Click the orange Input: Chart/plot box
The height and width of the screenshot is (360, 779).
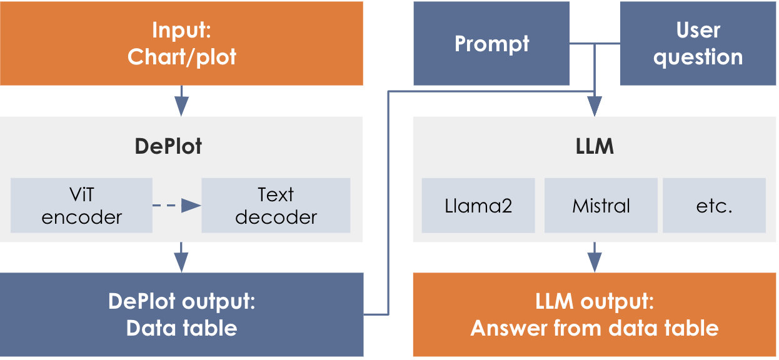[x=181, y=43]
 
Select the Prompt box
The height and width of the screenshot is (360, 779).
[x=491, y=43]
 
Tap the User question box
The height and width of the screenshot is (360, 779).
[x=698, y=43]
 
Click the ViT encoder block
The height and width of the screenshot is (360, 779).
[x=81, y=206]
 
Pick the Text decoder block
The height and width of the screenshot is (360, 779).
[x=276, y=206]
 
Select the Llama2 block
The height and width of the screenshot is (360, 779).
[x=478, y=206]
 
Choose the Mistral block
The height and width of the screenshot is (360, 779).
[x=601, y=206]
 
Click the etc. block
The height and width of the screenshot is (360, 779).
[x=714, y=206]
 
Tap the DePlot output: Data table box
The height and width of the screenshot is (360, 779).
[x=181, y=314]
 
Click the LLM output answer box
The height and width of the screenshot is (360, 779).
[x=595, y=314]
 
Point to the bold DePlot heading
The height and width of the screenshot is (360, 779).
[x=168, y=146]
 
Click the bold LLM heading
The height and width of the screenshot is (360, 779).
[x=594, y=146]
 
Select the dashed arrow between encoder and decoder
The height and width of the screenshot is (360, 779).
[x=176, y=206]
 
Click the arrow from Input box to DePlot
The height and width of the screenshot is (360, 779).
[x=181, y=101]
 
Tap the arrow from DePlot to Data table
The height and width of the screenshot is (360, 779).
[x=181, y=257]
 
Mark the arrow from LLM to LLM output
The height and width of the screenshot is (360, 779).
[x=595, y=257]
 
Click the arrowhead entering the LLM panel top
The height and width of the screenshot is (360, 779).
[x=595, y=108]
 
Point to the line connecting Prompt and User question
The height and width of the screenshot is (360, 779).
[x=595, y=44]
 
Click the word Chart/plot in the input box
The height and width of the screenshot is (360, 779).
[x=182, y=57]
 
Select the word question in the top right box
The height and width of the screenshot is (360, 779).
[x=698, y=57]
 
